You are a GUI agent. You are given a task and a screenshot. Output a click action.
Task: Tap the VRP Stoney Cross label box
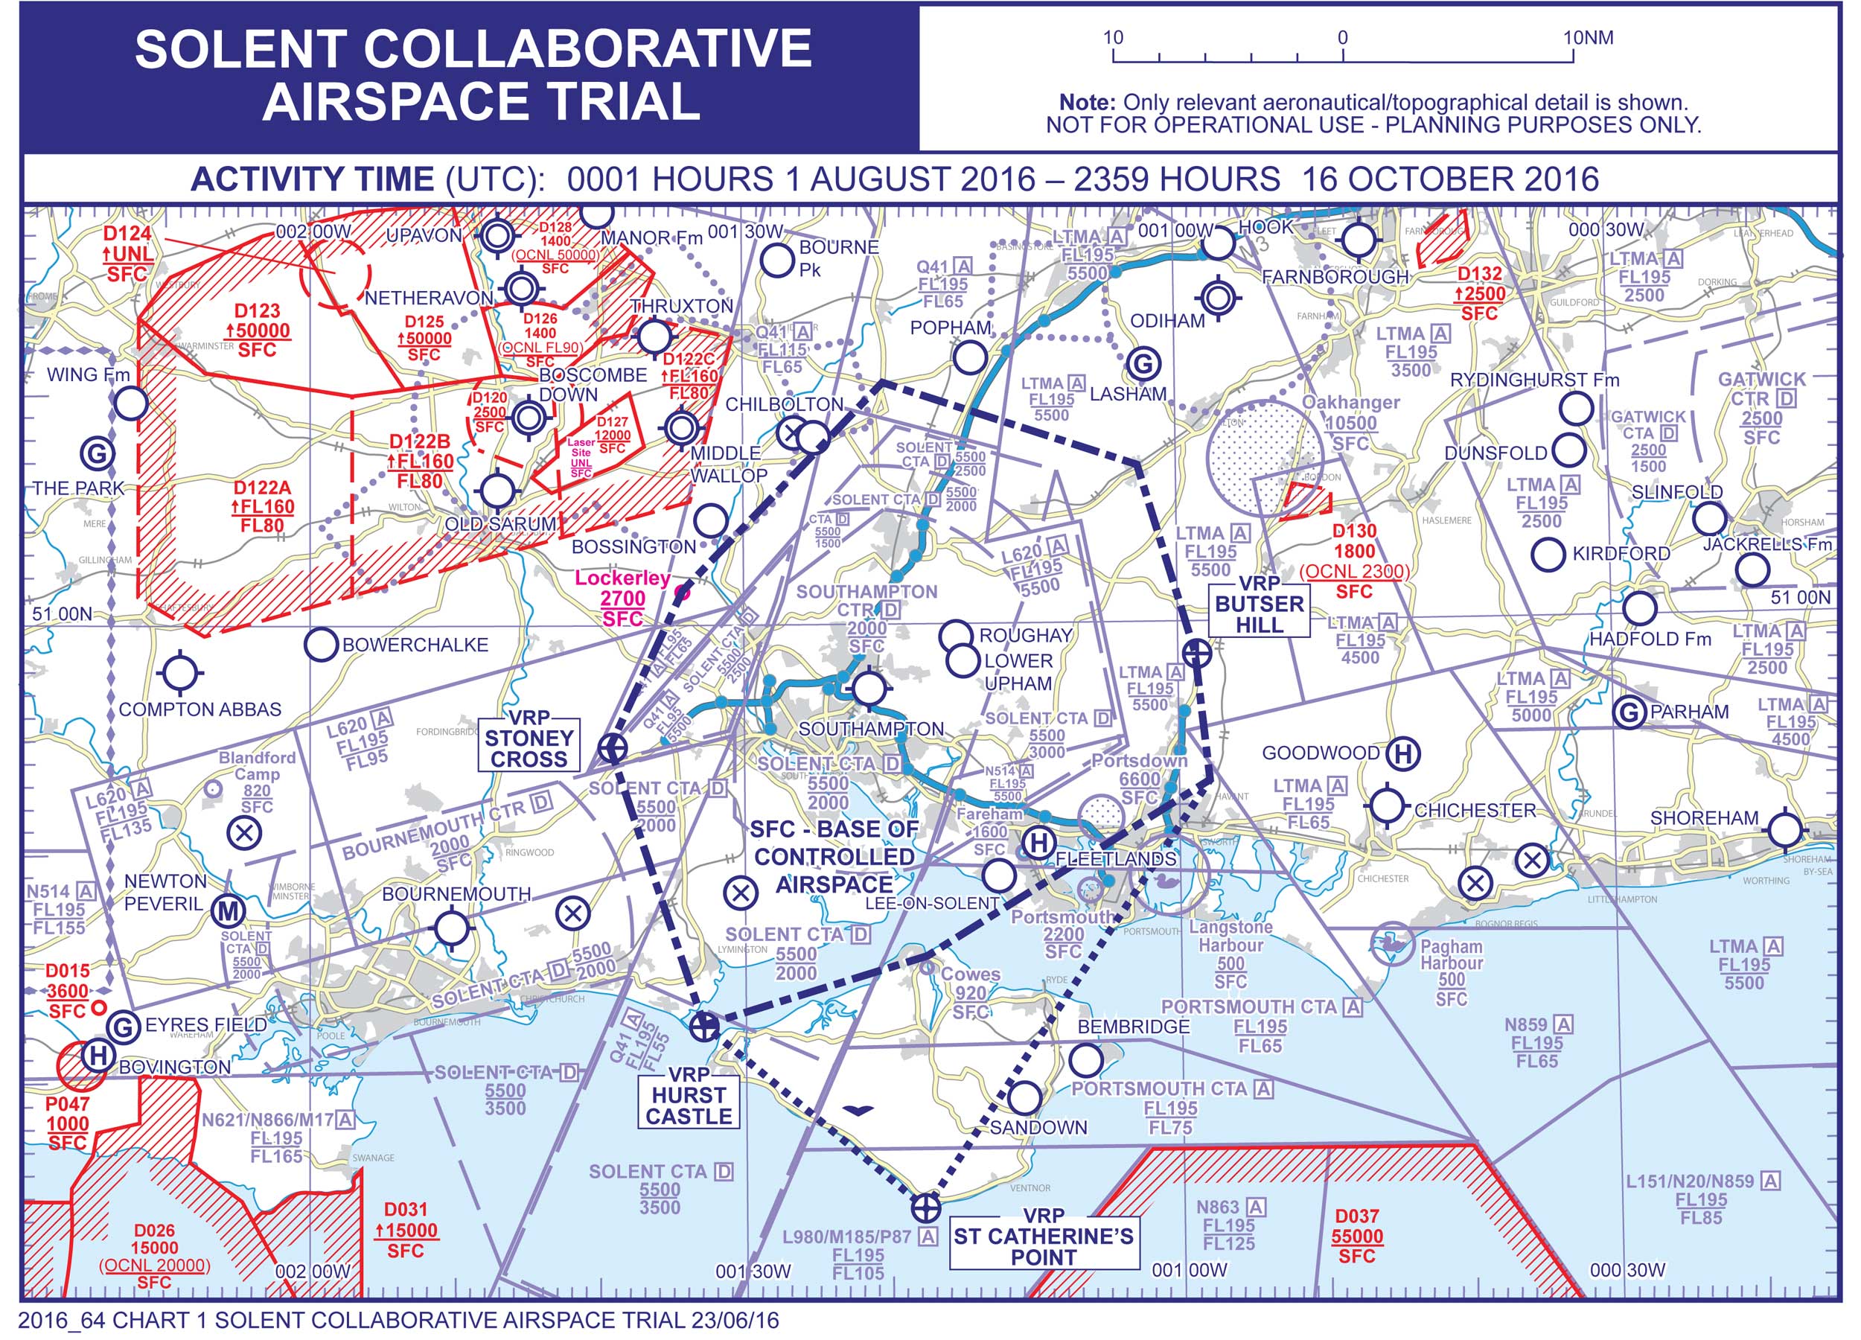pyautogui.click(x=529, y=738)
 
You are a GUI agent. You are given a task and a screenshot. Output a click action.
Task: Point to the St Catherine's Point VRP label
pyautogui.click(x=1043, y=1237)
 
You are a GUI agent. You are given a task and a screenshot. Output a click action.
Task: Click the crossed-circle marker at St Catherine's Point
pyautogui.click(x=925, y=1207)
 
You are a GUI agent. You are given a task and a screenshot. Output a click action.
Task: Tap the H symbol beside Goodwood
pyautogui.click(x=1402, y=753)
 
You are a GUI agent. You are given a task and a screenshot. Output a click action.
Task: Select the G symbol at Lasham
pyautogui.click(x=1143, y=363)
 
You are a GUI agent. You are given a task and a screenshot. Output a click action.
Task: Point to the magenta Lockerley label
pyautogui.click(x=622, y=578)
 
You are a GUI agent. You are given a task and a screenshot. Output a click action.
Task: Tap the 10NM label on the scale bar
pyautogui.click(x=1588, y=38)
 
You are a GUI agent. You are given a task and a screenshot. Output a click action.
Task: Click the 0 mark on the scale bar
pyautogui.click(x=1342, y=38)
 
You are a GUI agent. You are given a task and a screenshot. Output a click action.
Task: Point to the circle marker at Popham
pyautogui.click(x=970, y=358)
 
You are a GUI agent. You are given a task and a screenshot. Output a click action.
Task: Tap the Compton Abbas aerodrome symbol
pyautogui.click(x=179, y=673)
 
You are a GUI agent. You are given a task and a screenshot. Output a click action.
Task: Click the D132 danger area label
pyautogui.click(x=1479, y=273)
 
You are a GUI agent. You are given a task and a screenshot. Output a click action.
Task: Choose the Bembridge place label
pyautogui.click(x=1133, y=1026)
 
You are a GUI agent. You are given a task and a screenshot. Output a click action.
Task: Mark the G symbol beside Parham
pyautogui.click(x=1628, y=712)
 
